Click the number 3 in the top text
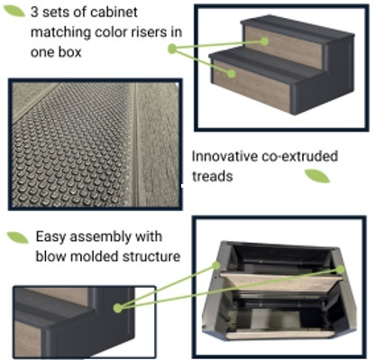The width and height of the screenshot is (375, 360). pos(34,13)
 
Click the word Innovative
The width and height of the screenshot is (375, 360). pos(224,156)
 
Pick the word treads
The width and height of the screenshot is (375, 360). pos(213,176)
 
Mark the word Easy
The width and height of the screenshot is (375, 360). pos(50,237)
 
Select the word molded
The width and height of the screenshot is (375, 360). pos(95,256)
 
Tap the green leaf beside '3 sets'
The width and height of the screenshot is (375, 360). pos(14,11)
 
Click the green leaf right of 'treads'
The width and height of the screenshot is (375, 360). pos(317,176)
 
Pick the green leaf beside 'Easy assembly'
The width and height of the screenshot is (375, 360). pos(18,237)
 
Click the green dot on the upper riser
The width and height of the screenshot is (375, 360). pos(264,42)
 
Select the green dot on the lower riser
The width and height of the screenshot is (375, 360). pos(231,73)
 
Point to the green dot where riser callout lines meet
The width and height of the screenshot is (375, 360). pos(172,49)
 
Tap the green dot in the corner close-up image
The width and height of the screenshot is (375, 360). pos(118,308)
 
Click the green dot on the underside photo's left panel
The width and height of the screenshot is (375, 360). pos(216,265)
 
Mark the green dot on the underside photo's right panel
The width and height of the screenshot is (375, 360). pos(340,270)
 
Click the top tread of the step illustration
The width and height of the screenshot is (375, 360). pos(297,26)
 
